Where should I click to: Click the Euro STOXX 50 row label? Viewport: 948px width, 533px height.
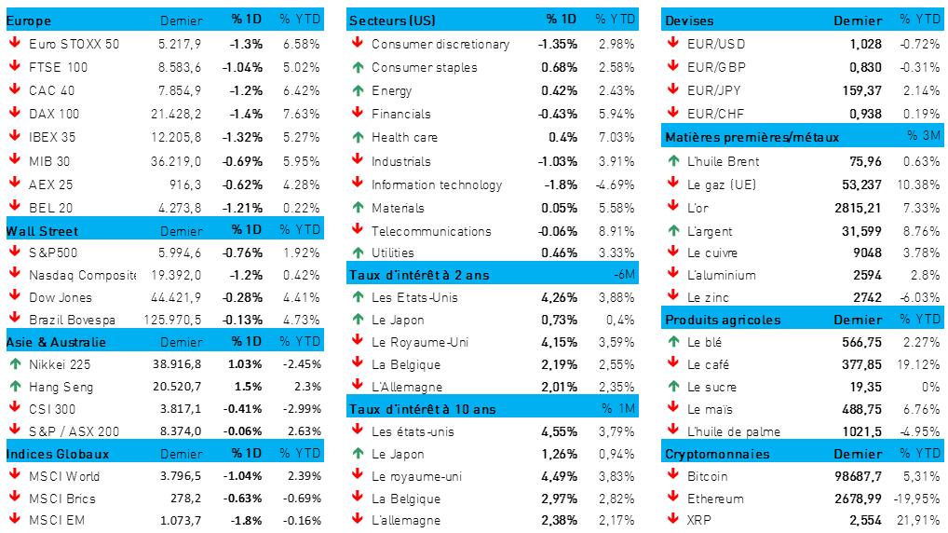click(x=74, y=44)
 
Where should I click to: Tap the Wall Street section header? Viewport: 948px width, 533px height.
click(x=43, y=230)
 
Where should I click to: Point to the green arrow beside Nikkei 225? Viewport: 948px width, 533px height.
click(x=15, y=363)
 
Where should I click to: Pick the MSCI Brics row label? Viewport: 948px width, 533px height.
click(x=62, y=499)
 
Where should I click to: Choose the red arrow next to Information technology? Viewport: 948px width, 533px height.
click(x=358, y=184)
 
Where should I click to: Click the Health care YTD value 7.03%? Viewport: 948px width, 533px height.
click(x=616, y=137)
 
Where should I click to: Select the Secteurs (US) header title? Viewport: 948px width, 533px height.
click(x=392, y=20)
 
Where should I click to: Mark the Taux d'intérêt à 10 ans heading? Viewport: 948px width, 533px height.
click(x=422, y=408)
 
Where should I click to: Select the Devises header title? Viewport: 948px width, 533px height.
click(x=689, y=20)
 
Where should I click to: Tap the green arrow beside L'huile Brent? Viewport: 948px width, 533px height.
click(x=673, y=160)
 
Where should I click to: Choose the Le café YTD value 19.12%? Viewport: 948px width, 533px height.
click(x=920, y=364)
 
